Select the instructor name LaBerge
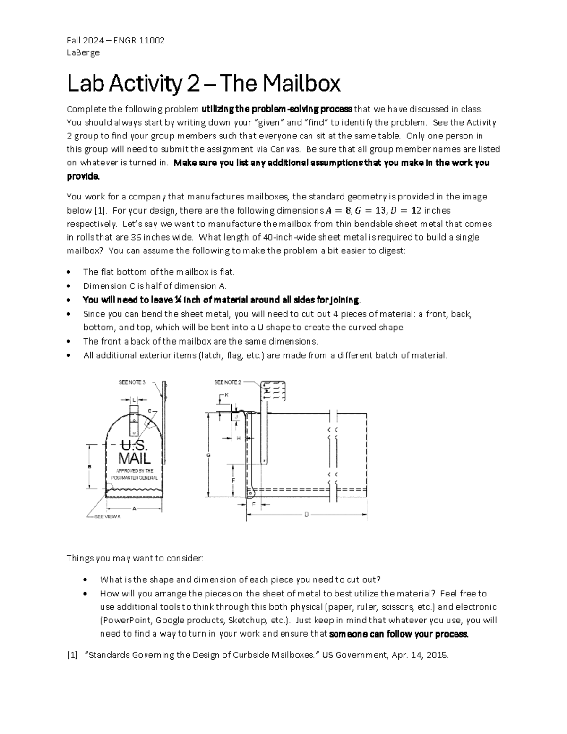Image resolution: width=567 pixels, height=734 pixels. tap(83, 52)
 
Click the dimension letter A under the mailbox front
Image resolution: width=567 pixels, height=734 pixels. tap(134, 509)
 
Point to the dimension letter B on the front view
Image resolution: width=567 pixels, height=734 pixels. tap(89, 466)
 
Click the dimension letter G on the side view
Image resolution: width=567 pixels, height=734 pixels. tap(208, 455)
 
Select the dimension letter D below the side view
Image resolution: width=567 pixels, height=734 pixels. tap(306, 514)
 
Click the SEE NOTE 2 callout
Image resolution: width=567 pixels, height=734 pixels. tap(228, 382)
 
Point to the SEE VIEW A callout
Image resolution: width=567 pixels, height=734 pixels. tap(108, 517)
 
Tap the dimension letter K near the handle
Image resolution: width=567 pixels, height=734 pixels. tap(226, 394)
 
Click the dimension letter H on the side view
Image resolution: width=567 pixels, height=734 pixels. tap(239, 438)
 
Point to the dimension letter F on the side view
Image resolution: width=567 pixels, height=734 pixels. tap(233, 480)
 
